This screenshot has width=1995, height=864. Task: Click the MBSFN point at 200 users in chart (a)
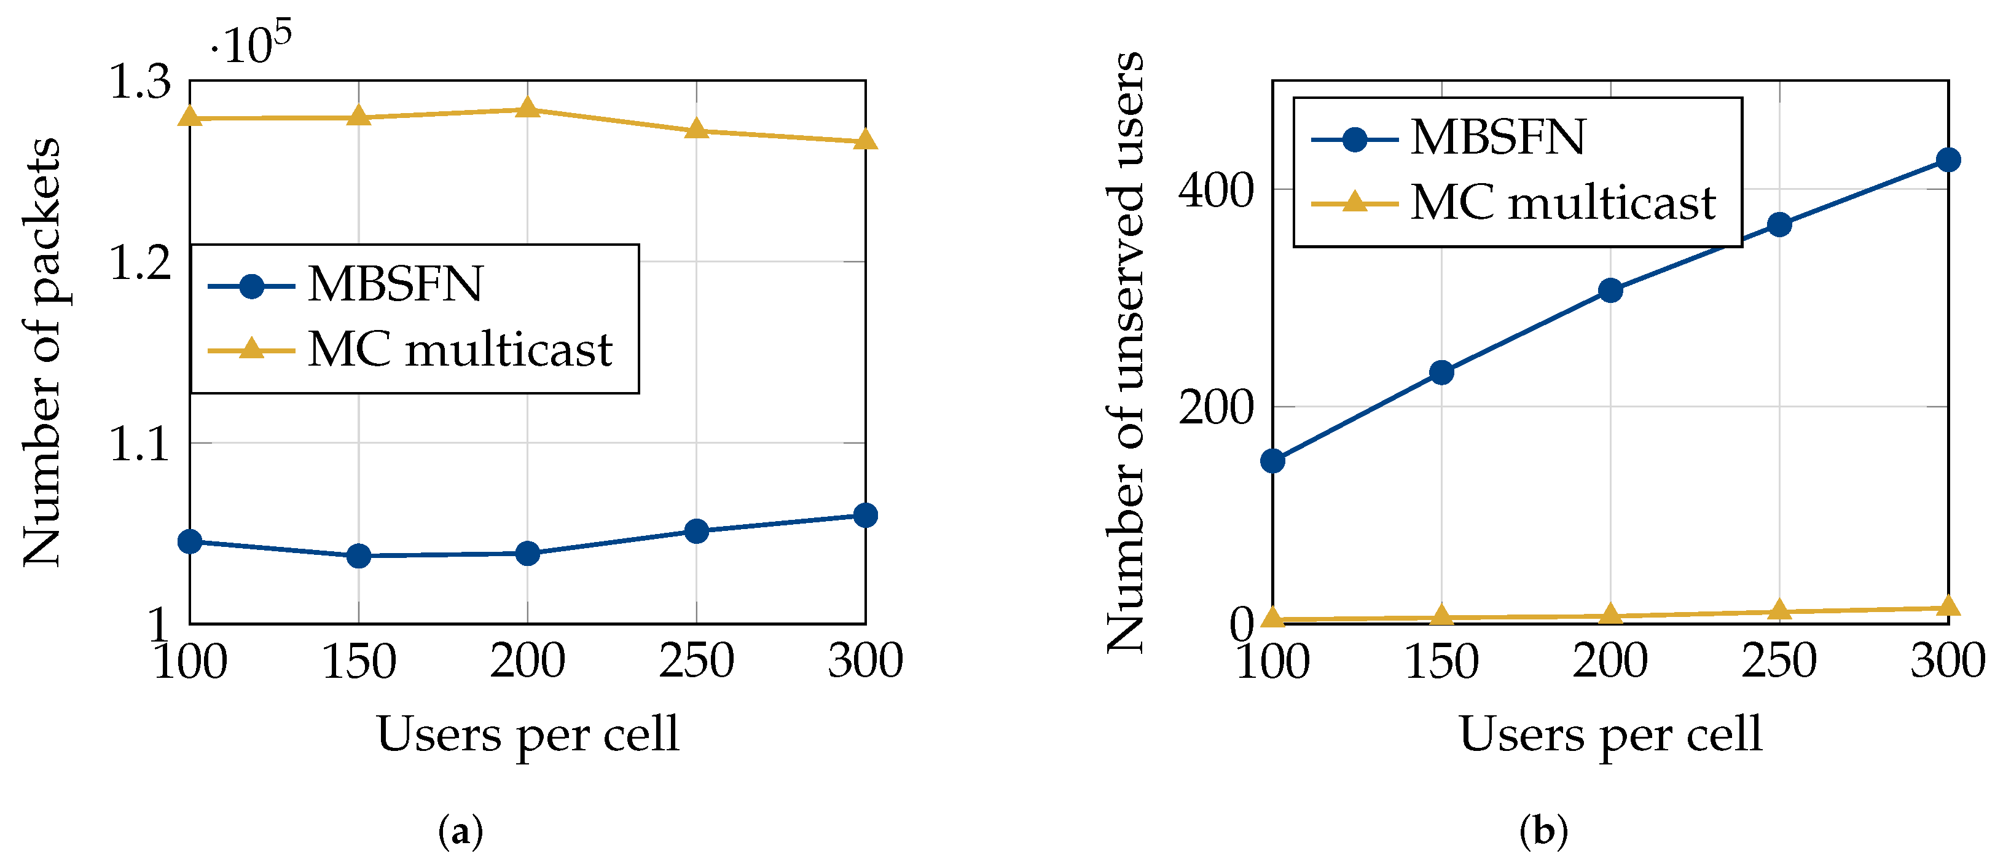coord(527,553)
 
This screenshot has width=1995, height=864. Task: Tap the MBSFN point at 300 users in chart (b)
coord(1948,160)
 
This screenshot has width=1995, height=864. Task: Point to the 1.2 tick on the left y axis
coord(140,262)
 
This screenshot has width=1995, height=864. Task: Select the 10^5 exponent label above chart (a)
coord(252,45)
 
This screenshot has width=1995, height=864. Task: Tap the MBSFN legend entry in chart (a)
coord(395,285)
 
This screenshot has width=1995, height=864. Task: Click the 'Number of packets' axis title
coord(42,353)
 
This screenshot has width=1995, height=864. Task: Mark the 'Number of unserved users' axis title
coord(1124,353)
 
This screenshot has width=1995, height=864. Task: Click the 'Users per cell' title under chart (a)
coord(527,734)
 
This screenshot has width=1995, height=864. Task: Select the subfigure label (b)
coord(1543,832)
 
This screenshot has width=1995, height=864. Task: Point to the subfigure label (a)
coord(461,832)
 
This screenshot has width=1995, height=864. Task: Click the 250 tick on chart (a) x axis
coord(696,662)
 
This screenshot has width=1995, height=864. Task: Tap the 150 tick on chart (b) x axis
coord(1441,662)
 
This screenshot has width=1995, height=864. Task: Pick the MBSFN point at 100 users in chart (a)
coord(190,541)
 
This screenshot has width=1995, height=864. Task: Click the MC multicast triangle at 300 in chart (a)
coord(865,140)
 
